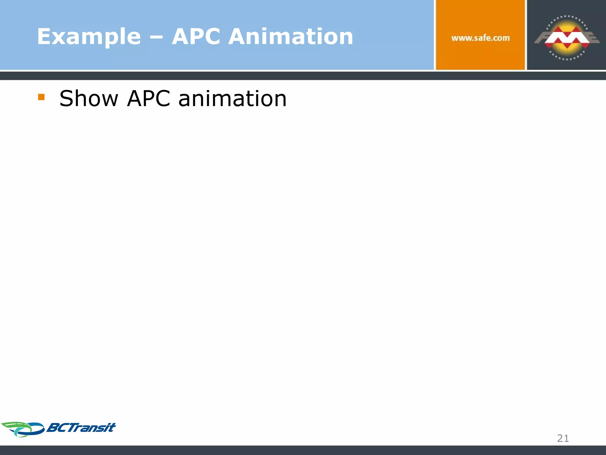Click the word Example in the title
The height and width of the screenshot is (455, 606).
(89, 37)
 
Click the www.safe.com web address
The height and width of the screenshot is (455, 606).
(481, 38)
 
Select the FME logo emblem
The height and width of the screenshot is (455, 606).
(567, 38)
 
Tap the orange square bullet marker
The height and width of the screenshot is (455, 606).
(41, 97)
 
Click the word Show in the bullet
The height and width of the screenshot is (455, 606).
(88, 98)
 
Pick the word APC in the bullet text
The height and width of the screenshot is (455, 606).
(149, 98)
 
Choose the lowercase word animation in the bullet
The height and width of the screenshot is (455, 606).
(233, 98)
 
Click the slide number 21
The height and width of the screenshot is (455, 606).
(563, 438)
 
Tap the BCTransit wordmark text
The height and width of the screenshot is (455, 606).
(81, 428)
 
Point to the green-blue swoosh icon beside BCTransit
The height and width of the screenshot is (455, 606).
(22, 429)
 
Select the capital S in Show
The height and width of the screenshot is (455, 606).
(66, 98)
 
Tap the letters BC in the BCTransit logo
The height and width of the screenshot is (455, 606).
(56, 428)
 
